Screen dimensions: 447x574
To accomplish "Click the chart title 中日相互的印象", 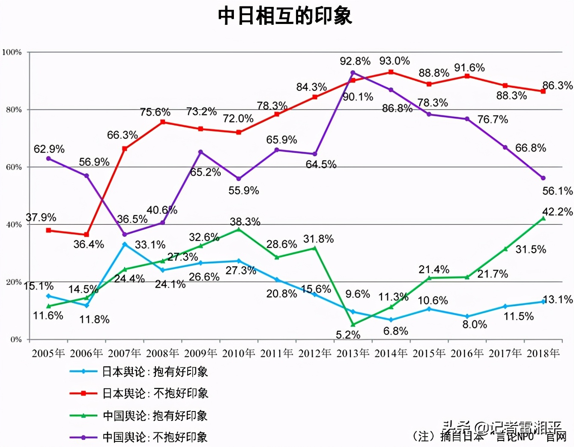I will click(x=285, y=16).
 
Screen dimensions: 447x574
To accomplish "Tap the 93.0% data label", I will click(x=394, y=61).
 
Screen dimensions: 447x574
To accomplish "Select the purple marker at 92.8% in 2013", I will click(x=353, y=73).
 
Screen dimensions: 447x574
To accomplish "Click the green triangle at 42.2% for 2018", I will click(x=543, y=218).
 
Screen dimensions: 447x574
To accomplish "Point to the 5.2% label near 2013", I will click(x=347, y=334).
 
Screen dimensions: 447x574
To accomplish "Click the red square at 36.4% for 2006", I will click(x=87, y=235).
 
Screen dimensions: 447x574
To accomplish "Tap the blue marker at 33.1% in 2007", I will click(x=125, y=244).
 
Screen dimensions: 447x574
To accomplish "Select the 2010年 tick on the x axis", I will click(x=239, y=353).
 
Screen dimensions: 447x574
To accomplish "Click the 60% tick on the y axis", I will click(x=14, y=167).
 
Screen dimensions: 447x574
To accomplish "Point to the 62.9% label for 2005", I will click(x=49, y=149).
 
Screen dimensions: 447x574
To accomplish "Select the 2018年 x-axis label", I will click(x=543, y=353).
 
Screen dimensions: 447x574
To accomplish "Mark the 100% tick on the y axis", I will click(x=12, y=52).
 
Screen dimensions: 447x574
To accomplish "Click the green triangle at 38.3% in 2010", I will click(x=239, y=230).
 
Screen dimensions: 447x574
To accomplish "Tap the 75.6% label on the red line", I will click(x=155, y=112).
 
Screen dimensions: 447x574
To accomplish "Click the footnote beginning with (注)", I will click(x=488, y=436).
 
